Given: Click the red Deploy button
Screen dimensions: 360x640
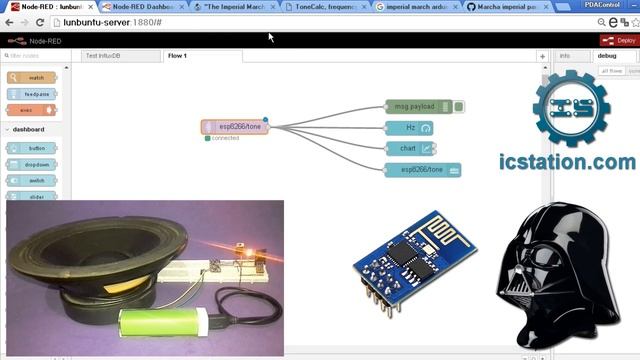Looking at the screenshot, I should [x=619, y=40].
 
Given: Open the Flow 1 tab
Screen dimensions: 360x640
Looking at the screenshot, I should [x=178, y=56].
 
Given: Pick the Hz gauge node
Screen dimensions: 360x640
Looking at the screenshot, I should [x=409, y=128].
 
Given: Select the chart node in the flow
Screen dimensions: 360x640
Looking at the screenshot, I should [x=409, y=148].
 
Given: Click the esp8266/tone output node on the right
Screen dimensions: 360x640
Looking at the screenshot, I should [x=423, y=170].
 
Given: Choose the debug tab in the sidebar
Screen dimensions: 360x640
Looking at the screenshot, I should [x=607, y=56].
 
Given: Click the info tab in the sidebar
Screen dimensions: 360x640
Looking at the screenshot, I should [x=565, y=56].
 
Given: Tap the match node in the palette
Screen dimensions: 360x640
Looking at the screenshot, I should [x=32, y=77].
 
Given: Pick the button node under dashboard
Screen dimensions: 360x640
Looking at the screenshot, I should [x=32, y=148].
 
